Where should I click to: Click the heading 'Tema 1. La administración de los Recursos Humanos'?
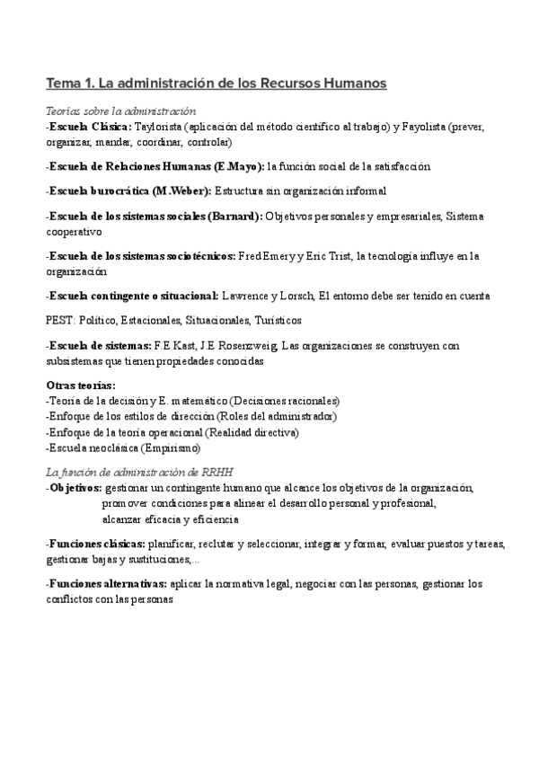point(216,84)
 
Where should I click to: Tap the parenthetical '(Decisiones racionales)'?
point(285,401)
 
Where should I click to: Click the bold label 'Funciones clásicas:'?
point(98,544)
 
